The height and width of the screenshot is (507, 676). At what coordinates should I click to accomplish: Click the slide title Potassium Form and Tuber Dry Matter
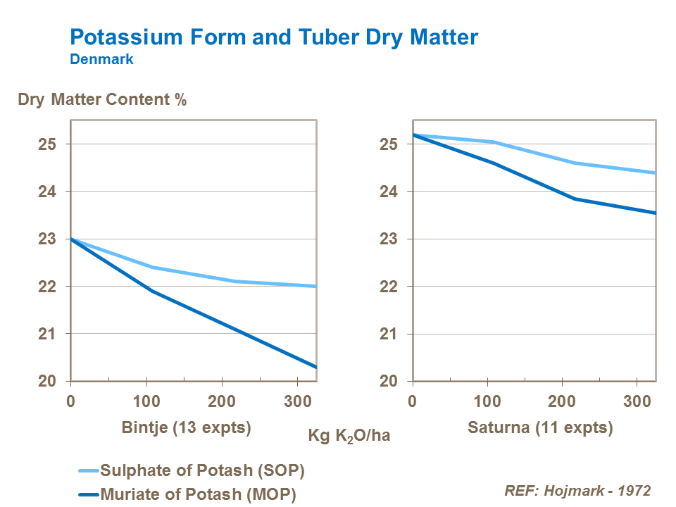(x=274, y=37)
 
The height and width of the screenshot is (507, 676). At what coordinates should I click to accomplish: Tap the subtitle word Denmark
(x=101, y=60)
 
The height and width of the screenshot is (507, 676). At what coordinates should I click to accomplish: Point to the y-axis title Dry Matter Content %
(x=102, y=100)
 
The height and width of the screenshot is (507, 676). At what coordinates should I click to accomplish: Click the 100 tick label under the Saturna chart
(x=487, y=402)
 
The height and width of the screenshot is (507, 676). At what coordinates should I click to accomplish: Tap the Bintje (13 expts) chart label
(x=186, y=427)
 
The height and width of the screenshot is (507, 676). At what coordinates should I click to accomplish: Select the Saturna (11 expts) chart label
(x=540, y=427)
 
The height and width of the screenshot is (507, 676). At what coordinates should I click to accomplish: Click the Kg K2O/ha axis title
(x=349, y=435)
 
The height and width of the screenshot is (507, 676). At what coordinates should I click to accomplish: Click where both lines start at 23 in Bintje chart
(x=71, y=239)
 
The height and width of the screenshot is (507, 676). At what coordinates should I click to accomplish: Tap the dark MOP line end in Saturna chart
(x=655, y=213)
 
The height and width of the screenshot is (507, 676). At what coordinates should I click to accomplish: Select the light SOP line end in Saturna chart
(x=655, y=173)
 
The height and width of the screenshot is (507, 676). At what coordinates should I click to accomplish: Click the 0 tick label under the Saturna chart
(x=413, y=402)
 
